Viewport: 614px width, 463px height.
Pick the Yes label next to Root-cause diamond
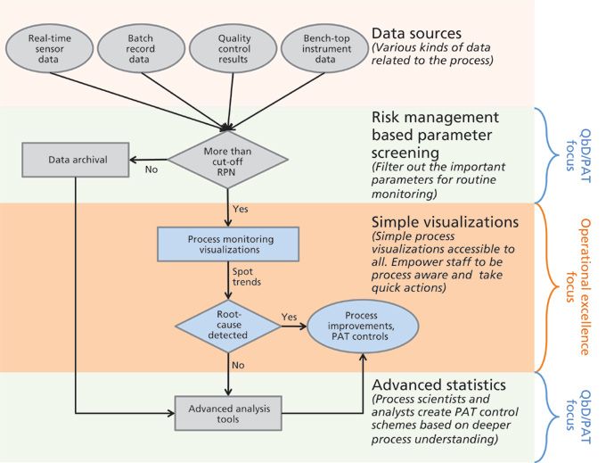coord(289,317)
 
